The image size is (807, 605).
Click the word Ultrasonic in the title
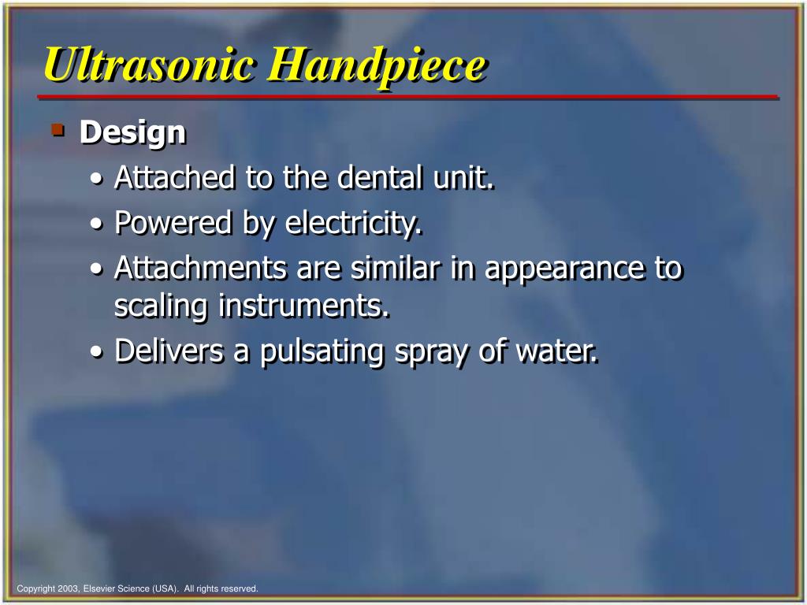click(x=150, y=65)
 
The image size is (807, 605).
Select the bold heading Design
click(x=132, y=132)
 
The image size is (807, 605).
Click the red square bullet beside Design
click(x=57, y=128)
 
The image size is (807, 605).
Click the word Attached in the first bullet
click(x=175, y=178)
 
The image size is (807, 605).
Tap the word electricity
click(x=353, y=225)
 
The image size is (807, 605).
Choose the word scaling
click(x=162, y=306)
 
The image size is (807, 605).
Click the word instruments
click(x=304, y=306)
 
